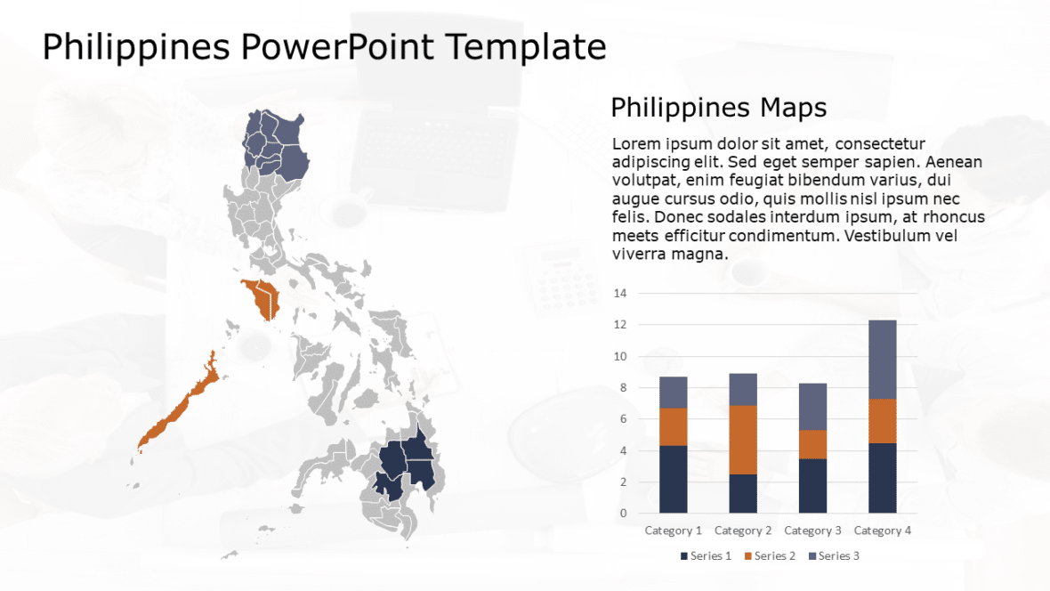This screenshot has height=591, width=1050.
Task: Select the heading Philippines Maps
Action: coord(718,108)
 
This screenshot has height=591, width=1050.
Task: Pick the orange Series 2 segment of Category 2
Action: coord(743,440)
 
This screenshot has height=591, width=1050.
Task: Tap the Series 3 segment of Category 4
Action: coord(882,359)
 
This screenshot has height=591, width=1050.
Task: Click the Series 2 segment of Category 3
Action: coord(812,444)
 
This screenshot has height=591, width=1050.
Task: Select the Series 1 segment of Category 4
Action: coord(882,478)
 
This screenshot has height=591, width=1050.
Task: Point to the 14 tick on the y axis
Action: coord(620,294)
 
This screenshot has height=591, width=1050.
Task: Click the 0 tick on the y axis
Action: coord(623,514)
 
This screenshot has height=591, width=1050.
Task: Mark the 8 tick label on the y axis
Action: coord(623,388)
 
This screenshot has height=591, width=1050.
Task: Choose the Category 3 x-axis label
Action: coord(812,530)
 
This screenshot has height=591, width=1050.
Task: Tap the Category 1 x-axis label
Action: coord(673,530)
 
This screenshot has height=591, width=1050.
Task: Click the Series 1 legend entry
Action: coord(706,556)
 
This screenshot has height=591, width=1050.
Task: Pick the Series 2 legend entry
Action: coord(770,556)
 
